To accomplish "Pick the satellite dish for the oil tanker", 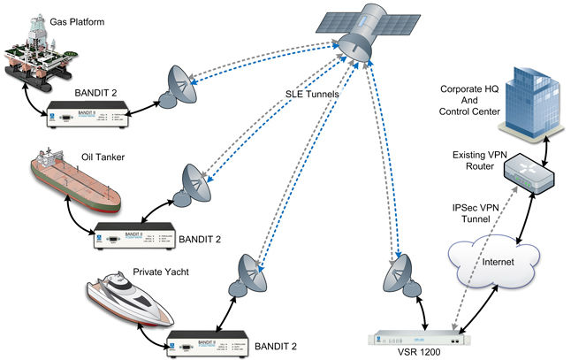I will click(197, 184).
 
